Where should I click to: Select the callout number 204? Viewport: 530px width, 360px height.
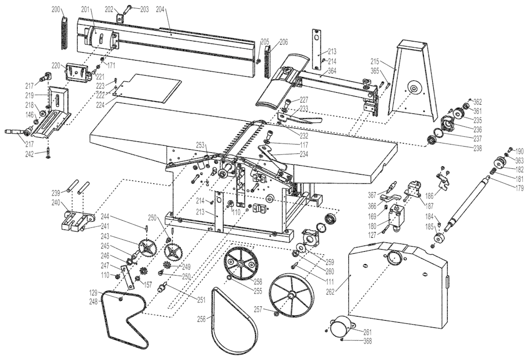(x=159, y=9)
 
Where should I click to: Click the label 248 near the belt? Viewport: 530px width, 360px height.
(x=93, y=301)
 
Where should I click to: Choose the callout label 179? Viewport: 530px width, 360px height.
(x=519, y=188)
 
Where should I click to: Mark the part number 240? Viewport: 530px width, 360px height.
(x=55, y=203)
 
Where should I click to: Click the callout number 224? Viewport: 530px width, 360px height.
(x=99, y=105)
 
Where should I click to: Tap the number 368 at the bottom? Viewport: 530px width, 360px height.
(x=367, y=341)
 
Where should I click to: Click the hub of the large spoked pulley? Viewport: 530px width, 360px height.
(x=292, y=296)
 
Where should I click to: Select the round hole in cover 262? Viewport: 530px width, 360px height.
(x=395, y=256)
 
